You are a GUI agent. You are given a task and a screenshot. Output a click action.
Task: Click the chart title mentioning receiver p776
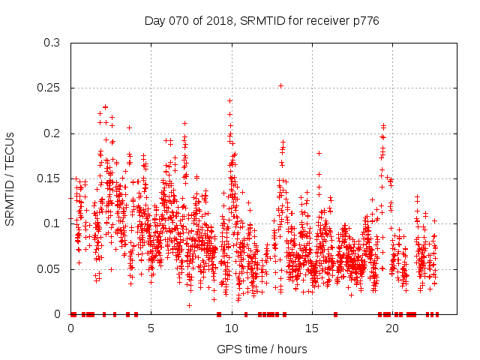tap(262, 21)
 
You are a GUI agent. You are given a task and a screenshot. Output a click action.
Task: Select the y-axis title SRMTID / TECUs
tap(10, 178)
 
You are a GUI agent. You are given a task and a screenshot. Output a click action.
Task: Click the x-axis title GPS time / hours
tap(262, 349)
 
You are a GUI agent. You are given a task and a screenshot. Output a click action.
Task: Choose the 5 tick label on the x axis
tap(151, 328)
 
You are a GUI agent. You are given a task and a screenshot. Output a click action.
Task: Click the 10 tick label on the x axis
tap(232, 328)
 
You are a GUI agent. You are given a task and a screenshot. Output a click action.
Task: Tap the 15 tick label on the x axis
tap(312, 328)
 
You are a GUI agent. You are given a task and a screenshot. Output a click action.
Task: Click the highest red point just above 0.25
tap(280, 85)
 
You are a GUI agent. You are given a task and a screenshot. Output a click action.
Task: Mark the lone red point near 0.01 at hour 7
tap(189, 305)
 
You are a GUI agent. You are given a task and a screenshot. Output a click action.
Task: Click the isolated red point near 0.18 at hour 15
tap(319, 153)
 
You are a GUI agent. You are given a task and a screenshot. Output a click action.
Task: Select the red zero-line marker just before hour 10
tap(218, 313)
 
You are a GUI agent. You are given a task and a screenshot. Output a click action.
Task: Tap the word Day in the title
tap(154, 21)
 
